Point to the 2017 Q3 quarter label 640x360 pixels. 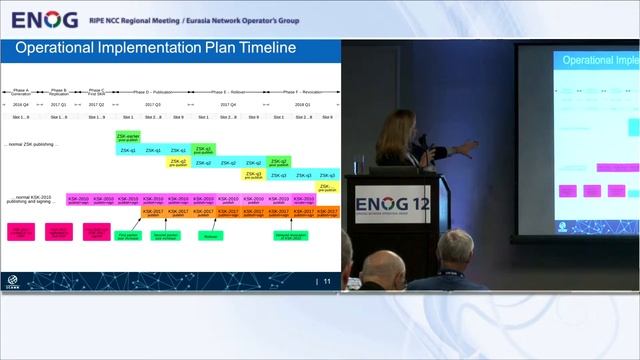pyautogui.click(x=153, y=104)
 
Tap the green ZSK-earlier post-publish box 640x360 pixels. pyautogui.click(x=128, y=136)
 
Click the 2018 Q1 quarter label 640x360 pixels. pyautogui.click(x=302, y=104)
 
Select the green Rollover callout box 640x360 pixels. pyautogui.click(x=210, y=236)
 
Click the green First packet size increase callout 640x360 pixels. pyautogui.click(x=128, y=236)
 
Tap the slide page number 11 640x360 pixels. pyautogui.click(x=327, y=282)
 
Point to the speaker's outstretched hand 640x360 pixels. pyautogui.click(x=471, y=146)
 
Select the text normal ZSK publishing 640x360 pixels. pyautogui.click(x=32, y=144)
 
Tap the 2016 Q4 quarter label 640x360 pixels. pyautogui.click(x=21, y=104)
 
